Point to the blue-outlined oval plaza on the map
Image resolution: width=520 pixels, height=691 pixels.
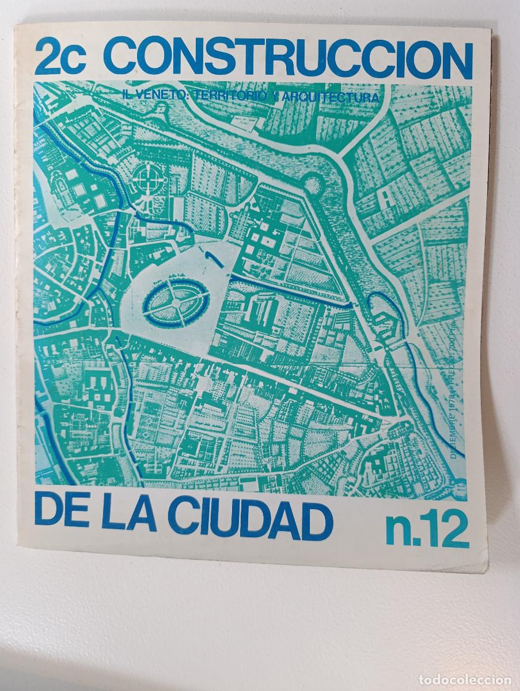pos(174,298)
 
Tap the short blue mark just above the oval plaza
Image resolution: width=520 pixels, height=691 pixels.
pos(214,257)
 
